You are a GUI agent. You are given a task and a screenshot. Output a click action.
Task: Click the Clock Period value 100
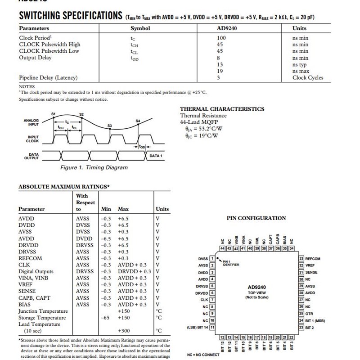(x=221, y=38)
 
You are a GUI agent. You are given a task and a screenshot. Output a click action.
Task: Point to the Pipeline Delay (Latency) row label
(x=48, y=77)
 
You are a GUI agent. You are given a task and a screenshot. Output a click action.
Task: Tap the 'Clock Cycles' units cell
(x=308, y=77)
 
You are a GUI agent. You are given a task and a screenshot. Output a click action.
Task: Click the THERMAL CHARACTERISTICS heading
(x=222, y=109)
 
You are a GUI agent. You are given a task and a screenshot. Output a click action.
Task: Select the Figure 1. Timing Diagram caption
(x=94, y=167)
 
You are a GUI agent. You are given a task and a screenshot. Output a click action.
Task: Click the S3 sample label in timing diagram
(x=109, y=126)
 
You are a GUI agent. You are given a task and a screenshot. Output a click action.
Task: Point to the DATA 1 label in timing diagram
(x=156, y=156)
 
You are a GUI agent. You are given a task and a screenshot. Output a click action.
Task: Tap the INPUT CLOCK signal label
(x=33, y=139)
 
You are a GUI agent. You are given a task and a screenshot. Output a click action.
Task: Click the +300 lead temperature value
(x=124, y=331)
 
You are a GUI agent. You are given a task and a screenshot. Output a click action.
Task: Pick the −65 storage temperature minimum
(x=106, y=318)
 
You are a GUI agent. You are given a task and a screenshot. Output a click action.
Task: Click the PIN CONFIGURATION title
(x=256, y=218)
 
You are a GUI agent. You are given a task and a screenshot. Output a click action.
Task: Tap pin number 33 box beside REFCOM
(x=301, y=259)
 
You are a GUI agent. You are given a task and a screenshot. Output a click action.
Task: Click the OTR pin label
(x=310, y=313)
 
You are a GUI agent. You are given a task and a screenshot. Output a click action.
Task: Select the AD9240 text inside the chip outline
(x=257, y=287)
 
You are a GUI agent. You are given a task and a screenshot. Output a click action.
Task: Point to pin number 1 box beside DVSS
(x=212, y=259)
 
